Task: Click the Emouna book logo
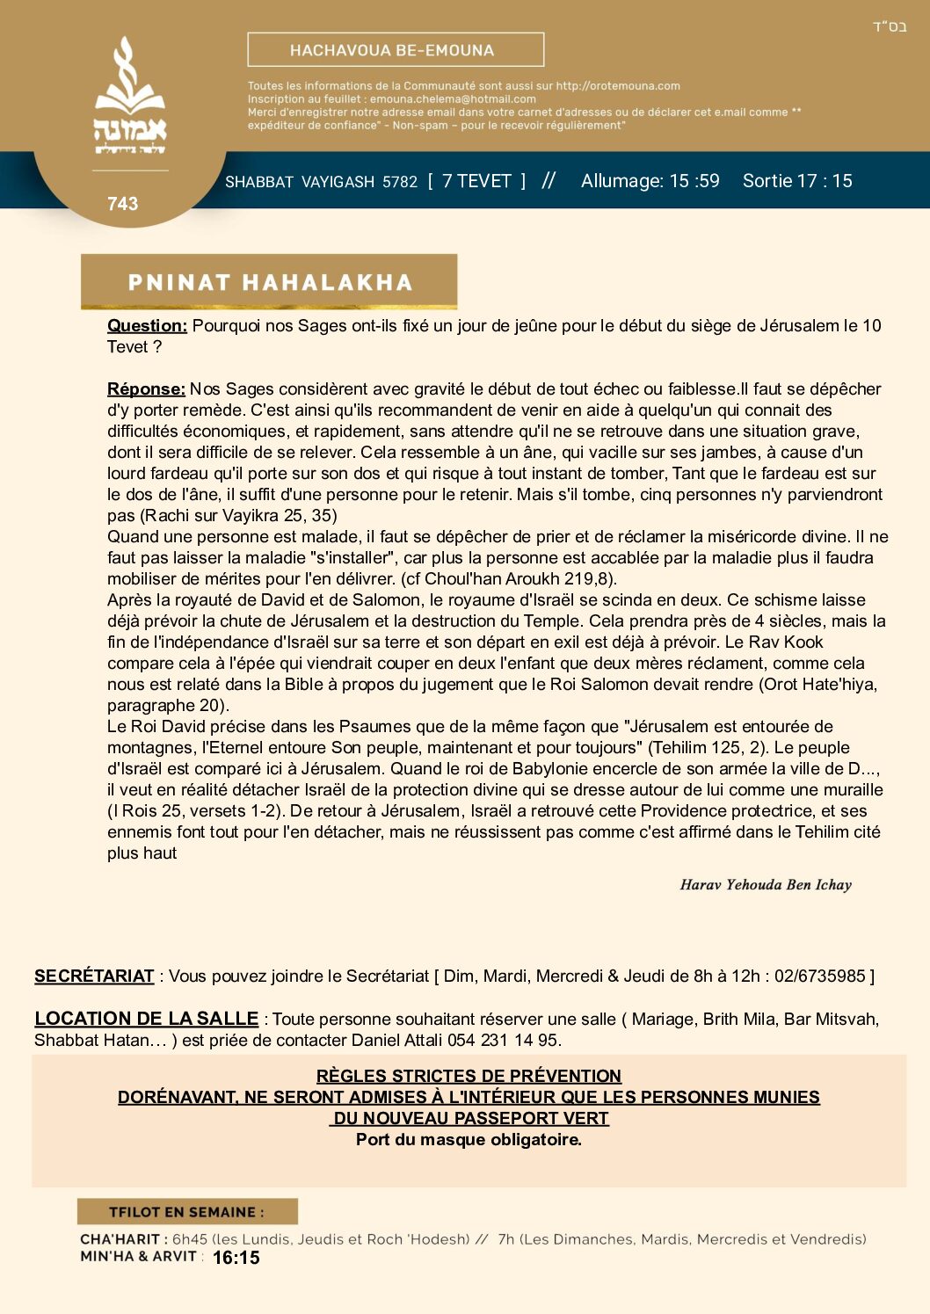click(130, 97)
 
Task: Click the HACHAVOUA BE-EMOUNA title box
click(396, 50)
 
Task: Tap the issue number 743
click(123, 204)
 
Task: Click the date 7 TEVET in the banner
click(476, 181)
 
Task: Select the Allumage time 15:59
click(694, 181)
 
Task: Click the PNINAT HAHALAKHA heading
click(270, 282)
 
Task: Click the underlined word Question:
click(147, 326)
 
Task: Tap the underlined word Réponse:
click(146, 389)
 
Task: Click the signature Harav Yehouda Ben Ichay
click(766, 885)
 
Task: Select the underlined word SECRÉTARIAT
click(94, 976)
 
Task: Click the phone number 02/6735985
click(820, 976)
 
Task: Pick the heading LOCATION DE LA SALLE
click(146, 1019)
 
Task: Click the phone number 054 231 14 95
click(512, 1041)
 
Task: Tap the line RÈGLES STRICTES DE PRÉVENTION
click(469, 1077)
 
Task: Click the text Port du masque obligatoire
click(469, 1140)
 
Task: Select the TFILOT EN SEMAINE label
click(186, 1212)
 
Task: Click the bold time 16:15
click(236, 1258)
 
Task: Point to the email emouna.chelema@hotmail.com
click(453, 99)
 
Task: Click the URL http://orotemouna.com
click(618, 86)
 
